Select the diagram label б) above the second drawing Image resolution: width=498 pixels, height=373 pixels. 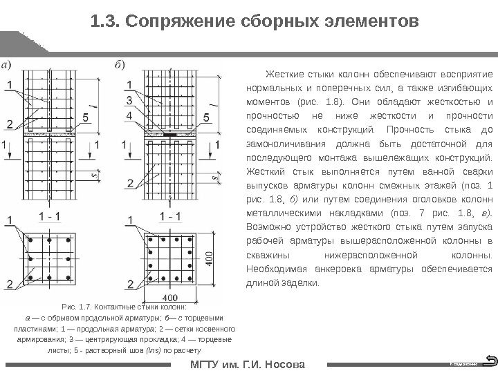tap(120, 66)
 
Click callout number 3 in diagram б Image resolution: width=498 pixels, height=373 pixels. tap(129, 100)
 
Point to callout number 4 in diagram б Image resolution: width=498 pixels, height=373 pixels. tap(129, 115)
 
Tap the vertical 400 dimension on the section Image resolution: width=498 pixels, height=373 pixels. tap(208, 258)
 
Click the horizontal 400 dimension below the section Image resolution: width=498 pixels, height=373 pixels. tap(169, 298)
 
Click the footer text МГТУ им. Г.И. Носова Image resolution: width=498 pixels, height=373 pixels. tap(247, 363)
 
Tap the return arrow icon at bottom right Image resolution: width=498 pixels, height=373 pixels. tap(490, 360)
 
